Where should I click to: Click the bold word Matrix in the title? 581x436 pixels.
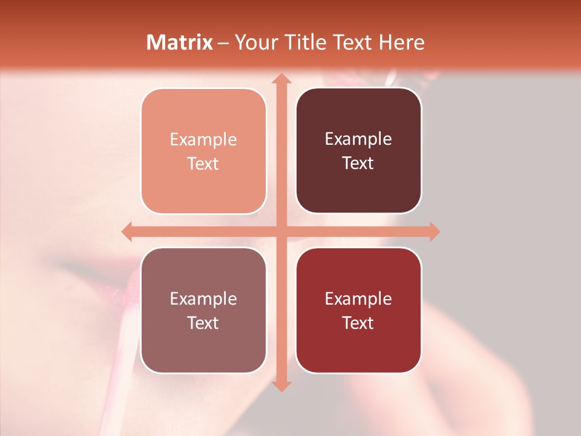point(180,42)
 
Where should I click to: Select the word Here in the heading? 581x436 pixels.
point(402,42)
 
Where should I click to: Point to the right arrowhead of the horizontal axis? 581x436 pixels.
point(434,231)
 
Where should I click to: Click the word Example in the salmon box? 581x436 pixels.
point(203,140)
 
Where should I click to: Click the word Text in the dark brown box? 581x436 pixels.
point(358,163)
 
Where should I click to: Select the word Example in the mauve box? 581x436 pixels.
point(203,299)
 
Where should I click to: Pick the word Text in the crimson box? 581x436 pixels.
point(358,323)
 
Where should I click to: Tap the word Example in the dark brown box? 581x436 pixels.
point(358,139)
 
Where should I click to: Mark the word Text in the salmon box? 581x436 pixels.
point(203,164)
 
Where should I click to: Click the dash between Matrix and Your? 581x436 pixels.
point(224,43)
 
